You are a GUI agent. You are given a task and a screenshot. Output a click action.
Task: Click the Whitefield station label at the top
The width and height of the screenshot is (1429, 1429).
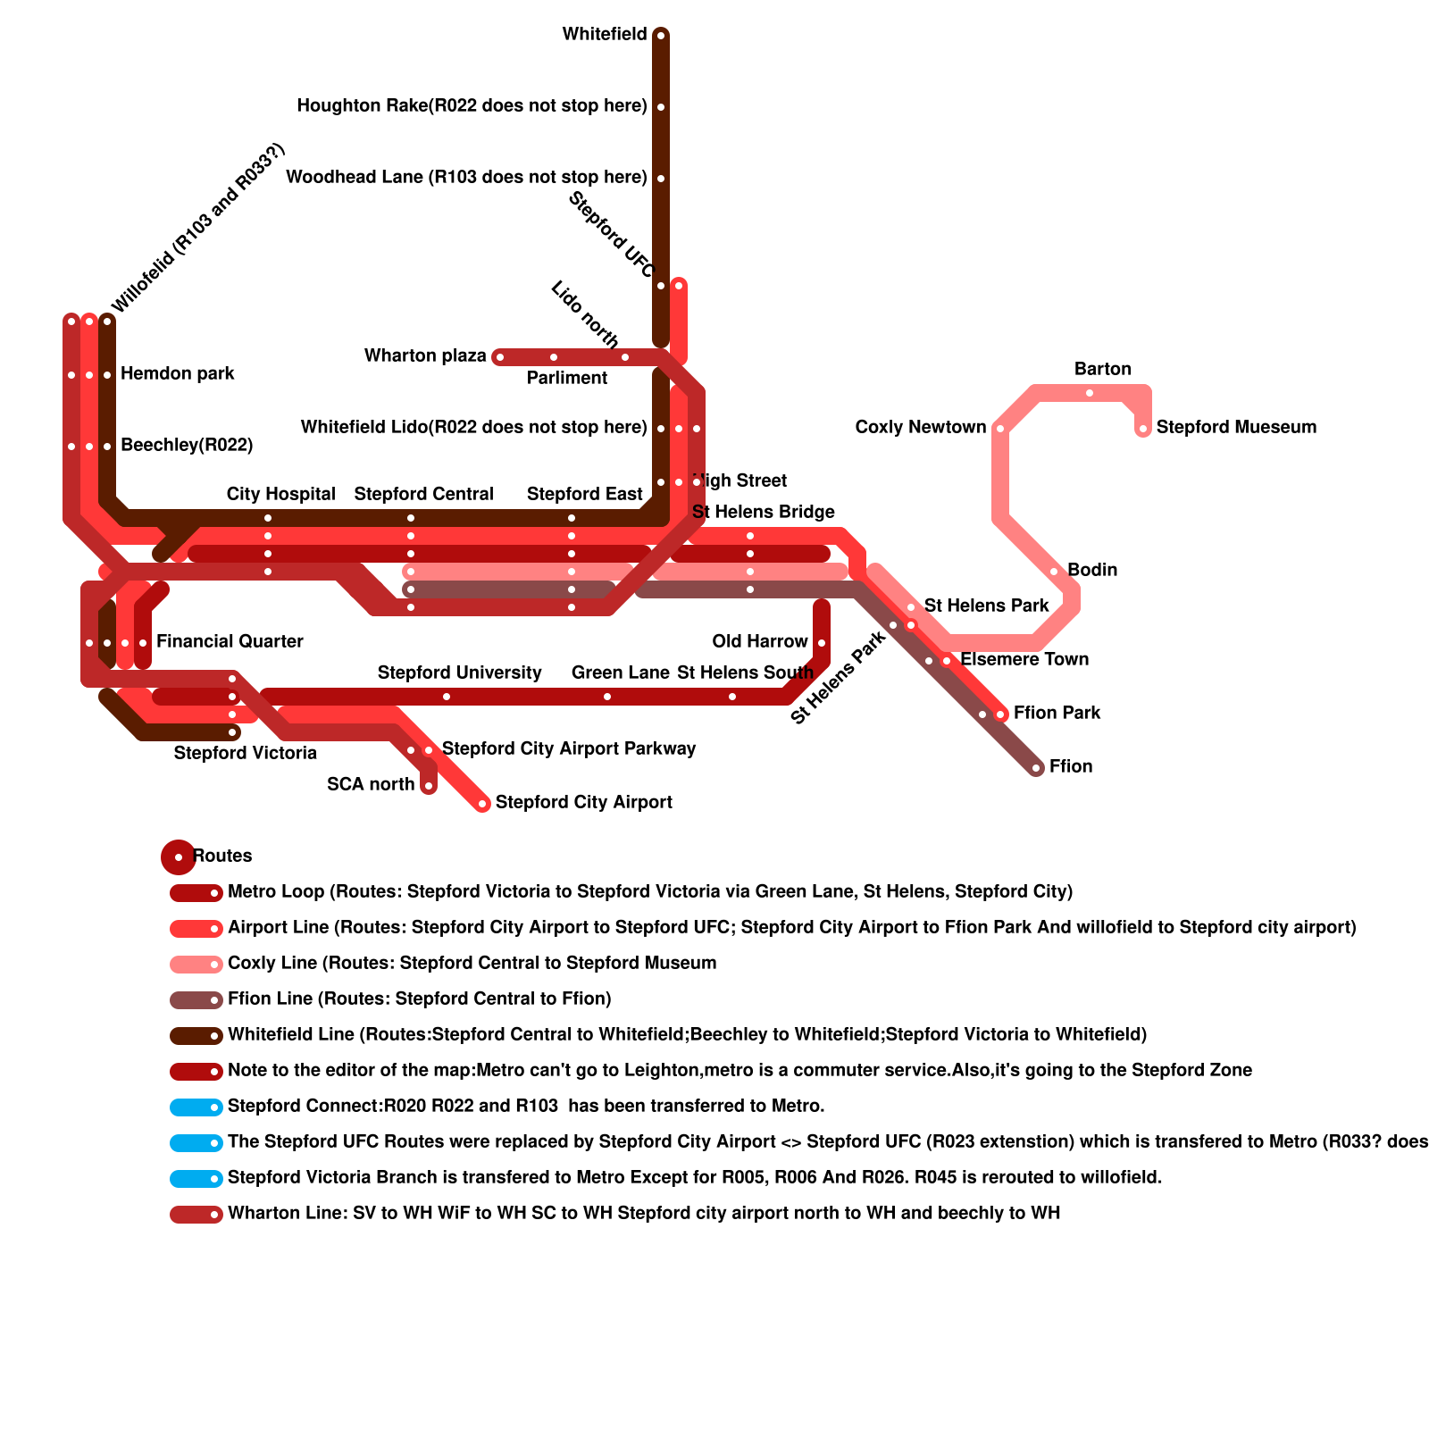click(605, 35)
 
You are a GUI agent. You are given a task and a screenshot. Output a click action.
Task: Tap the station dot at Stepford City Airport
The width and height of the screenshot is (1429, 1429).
click(482, 804)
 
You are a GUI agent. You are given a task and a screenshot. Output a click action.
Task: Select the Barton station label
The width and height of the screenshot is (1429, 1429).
click(1102, 369)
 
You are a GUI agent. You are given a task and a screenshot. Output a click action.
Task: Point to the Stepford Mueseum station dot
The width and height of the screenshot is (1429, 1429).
click(1143, 430)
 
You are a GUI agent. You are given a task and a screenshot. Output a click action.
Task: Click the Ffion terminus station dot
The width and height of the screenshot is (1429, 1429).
click(1036, 768)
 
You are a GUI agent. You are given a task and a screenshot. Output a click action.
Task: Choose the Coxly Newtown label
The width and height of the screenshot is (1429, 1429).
click(920, 427)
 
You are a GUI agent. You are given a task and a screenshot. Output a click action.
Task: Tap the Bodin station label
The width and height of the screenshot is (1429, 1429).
click(1091, 570)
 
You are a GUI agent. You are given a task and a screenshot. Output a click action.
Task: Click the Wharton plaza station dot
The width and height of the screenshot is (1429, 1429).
click(499, 358)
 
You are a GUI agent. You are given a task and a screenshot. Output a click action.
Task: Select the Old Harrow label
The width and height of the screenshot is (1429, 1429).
click(759, 641)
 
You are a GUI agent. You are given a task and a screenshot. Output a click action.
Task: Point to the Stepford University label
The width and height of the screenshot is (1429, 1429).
click(459, 673)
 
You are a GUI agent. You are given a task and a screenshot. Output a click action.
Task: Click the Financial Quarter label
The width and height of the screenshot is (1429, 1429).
click(230, 641)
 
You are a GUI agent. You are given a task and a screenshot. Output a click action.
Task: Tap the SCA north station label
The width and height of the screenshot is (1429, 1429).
click(371, 784)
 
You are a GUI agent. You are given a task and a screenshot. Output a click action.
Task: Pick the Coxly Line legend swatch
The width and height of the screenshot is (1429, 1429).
click(196, 965)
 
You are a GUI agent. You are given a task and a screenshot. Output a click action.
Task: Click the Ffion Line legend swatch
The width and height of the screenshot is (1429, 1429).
click(196, 1000)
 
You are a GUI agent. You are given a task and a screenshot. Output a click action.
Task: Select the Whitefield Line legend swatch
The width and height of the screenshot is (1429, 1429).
click(196, 1036)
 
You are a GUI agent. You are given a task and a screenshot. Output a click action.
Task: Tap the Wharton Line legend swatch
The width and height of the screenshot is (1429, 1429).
click(196, 1215)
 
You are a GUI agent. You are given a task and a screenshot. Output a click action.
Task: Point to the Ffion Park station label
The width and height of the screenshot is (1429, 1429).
click(1057, 713)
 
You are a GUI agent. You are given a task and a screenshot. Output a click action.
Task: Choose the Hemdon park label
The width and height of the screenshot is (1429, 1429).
click(177, 373)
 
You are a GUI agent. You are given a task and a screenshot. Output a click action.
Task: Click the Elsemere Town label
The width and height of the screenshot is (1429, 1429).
click(1024, 659)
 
